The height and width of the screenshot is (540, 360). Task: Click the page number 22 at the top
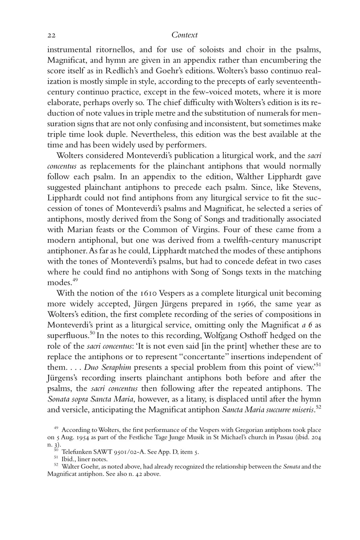pos(51,36)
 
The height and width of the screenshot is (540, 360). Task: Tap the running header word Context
pos(184,35)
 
